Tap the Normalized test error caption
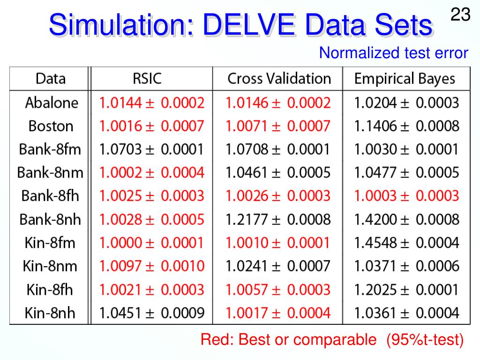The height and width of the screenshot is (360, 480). point(393,53)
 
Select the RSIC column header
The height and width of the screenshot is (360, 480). point(147,78)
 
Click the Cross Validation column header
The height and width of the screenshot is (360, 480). point(279,78)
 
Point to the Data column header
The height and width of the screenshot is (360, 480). point(51,78)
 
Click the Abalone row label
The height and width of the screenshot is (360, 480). point(52,103)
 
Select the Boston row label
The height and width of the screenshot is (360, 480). point(51,126)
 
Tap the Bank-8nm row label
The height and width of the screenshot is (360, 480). point(50,172)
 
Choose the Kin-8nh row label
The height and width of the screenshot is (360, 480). point(50,313)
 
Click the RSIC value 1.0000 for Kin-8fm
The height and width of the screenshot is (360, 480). point(151,243)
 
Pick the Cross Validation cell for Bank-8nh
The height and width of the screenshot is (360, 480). point(278,219)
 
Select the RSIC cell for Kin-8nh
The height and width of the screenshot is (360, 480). point(151,313)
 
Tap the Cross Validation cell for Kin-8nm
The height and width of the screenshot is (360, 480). point(278,266)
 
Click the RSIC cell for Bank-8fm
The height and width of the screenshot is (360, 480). point(151,150)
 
